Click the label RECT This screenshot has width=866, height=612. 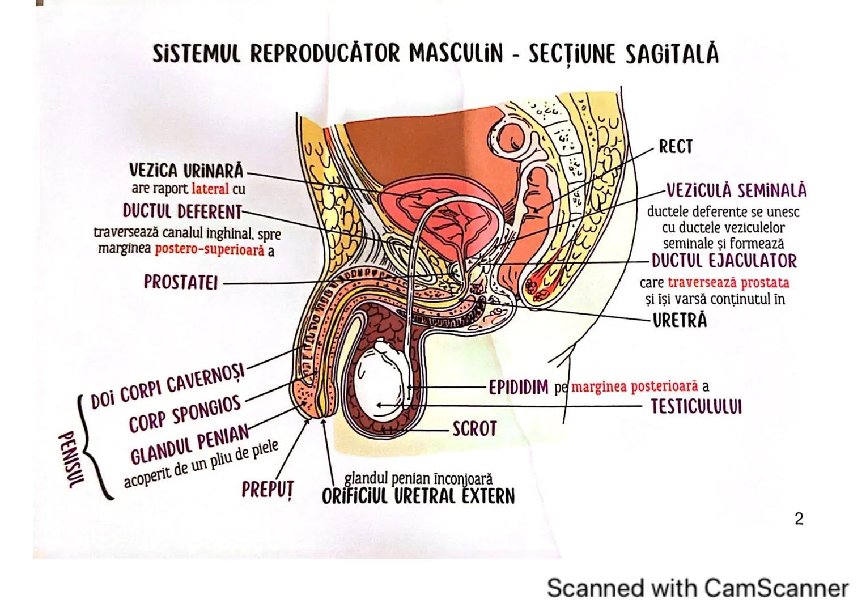(x=676, y=147)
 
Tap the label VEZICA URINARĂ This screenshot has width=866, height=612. (x=186, y=171)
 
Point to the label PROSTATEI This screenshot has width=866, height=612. (x=181, y=282)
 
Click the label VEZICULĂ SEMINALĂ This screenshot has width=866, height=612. (x=736, y=190)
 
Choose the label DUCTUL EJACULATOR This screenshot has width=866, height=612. (x=724, y=261)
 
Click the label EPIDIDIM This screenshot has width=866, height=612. (x=519, y=387)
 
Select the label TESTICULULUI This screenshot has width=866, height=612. (x=696, y=407)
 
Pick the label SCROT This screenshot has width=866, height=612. (x=474, y=429)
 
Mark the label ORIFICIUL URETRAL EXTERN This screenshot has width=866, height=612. (x=418, y=496)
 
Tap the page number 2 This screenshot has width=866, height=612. (x=799, y=518)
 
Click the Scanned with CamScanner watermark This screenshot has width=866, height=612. (x=697, y=588)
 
